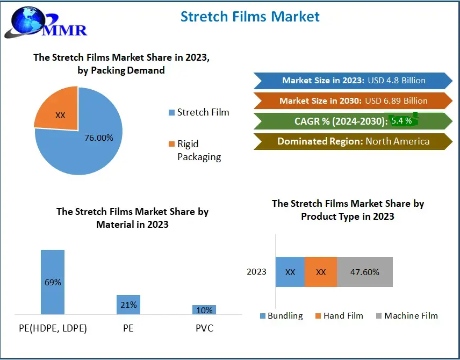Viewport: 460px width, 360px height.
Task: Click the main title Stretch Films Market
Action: [250, 16]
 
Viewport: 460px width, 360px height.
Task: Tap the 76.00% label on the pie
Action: [99, 138]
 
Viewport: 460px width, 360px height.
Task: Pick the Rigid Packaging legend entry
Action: [195, 150]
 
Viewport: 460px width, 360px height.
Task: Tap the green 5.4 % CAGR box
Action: [402, 121]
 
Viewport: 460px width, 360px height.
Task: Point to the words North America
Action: [397, 141]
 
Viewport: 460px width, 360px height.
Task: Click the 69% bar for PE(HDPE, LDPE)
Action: [53, 282]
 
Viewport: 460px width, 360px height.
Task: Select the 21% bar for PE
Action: [128, 304]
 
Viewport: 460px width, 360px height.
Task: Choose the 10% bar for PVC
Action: [204, 309]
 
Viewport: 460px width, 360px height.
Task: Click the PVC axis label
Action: [204, 328]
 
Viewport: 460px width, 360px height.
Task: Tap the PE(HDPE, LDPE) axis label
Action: [53, 328]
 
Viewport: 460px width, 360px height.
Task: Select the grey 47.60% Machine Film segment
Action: [365, 272]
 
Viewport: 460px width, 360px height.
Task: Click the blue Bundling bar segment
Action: [290, 272]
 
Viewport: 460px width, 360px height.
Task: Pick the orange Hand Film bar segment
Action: [321, 272]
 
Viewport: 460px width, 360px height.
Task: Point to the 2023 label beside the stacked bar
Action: [257, 272]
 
